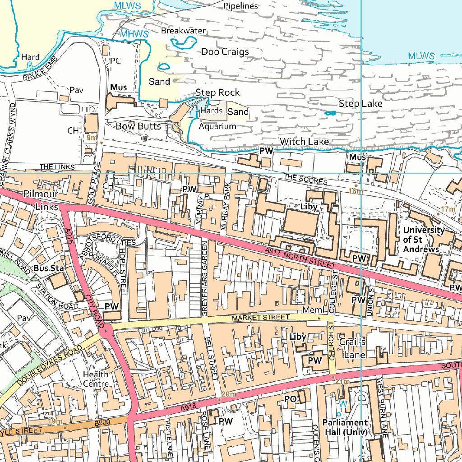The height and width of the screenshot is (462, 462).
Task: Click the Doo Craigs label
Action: click(x=225, y=52)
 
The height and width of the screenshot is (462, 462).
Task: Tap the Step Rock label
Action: click(x=217, y=92)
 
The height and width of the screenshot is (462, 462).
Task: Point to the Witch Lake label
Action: click(x=304, y=142)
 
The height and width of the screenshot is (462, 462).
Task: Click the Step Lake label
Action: click(x=360, y=104)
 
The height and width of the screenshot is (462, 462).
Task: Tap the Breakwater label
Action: click(x=183, y=31)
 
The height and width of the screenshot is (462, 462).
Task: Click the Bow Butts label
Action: click(x=138, y=126)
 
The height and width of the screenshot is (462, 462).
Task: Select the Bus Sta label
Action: click(x=49, y=268)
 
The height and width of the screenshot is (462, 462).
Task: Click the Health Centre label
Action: click(x=96, y=379)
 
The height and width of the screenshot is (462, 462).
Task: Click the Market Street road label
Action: click(x=260, y=318)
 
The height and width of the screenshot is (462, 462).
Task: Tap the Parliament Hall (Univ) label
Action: click(x=345, y=427)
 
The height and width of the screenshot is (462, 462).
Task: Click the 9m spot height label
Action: click(x=92, y=138)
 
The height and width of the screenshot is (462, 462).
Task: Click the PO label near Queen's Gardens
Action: click(x=290, y=399)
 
